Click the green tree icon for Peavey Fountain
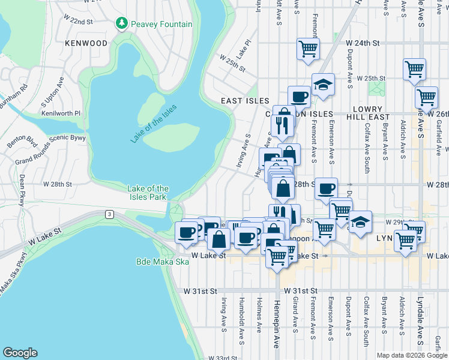[x=122, y=24]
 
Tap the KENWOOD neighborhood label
[x=88, y=44]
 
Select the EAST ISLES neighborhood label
[x=244, y=101]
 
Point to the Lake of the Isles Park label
[x=148, y=193]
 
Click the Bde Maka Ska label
[x=154, y=263]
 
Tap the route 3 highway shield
[x=109, y=214]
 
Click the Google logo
[x=20, y=353]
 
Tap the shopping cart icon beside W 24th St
[x=308, y=49]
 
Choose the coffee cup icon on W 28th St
[x=326, y=188]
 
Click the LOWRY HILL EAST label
[x=372, y=113]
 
